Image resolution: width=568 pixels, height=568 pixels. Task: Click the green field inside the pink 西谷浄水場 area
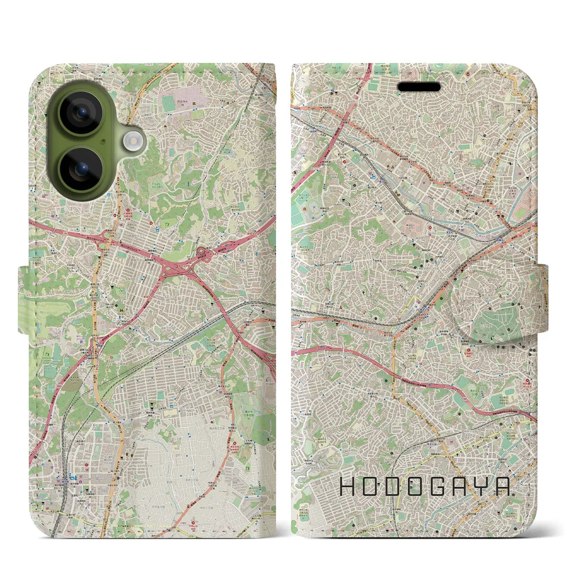(168, 104)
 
